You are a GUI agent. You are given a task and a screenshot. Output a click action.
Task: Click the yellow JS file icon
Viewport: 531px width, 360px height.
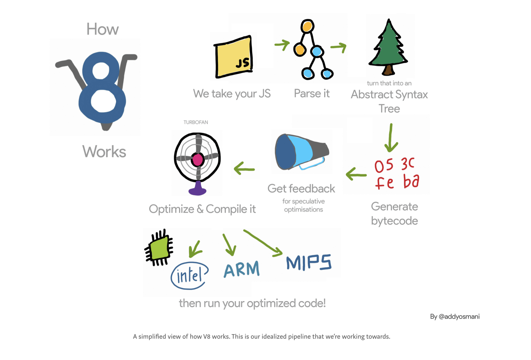click(x=233, y=57)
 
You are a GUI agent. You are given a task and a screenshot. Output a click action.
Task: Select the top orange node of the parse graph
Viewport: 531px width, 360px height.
click(x=307, y=26)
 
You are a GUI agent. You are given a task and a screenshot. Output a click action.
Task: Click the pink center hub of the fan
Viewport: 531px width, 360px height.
click(x=198, y=159)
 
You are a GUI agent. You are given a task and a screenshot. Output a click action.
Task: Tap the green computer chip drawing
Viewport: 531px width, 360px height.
click(x=159, y=248)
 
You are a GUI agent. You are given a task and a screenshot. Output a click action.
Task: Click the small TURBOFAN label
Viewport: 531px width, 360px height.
click(x=196, y=122)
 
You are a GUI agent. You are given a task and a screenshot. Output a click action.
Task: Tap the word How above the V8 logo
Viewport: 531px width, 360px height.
click(x=102, y=29)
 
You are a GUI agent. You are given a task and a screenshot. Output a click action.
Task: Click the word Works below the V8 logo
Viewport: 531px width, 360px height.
click(x=104, y=152)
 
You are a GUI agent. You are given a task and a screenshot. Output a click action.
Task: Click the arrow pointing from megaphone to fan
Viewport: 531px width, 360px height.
click(x=244, y=169)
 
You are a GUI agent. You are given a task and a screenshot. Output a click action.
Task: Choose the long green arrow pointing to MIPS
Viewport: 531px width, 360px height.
click(x=263, y=243)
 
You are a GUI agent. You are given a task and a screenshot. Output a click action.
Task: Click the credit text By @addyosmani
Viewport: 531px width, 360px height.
click(x=455, y=317)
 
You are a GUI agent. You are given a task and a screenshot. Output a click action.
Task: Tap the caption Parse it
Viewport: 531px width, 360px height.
click(x=312, y=94)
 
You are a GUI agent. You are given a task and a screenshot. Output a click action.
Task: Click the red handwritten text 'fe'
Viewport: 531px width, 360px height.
click(x=384, y=183)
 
